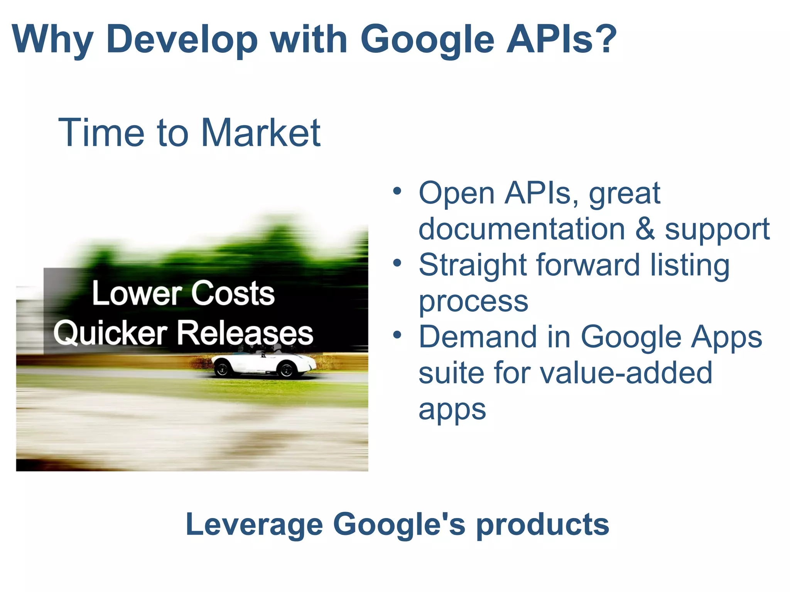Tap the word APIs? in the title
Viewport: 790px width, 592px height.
[562, 39]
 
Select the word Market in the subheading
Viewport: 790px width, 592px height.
[260, 133]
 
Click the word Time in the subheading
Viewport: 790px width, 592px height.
[101, 133]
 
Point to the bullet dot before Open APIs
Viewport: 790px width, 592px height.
[397, 191]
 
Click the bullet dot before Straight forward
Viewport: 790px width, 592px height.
[397, 263]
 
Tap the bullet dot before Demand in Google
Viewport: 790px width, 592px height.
[397, 335]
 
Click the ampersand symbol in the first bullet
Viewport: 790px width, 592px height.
[645, 229]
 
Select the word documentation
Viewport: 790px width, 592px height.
[522, 229]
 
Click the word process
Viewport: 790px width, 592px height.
[473, 301]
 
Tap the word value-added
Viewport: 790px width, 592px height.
[626, 373]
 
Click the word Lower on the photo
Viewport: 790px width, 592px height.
[137, 294]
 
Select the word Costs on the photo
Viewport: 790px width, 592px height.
[233, 294]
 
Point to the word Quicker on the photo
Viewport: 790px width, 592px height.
[110, 333]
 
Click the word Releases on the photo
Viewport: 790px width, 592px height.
[245, 333]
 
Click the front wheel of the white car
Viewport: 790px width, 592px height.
[287, 370]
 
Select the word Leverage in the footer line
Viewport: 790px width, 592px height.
[254, 525]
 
